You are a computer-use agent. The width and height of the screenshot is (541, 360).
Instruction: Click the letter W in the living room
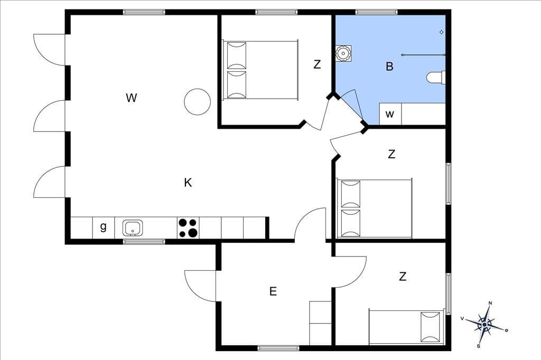coord(132,98)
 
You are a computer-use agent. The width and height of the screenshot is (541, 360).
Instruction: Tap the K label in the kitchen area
coord(188,183)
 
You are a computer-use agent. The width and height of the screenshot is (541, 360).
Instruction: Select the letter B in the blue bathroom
coord(389,66)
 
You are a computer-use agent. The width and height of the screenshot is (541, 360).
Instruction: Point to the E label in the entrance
coord(273,291)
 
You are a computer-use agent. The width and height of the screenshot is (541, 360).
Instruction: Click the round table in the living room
coord(198,102)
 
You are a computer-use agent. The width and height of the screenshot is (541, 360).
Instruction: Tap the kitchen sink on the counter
coord(133,228)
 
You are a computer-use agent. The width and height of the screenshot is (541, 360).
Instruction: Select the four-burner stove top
coord(189,228)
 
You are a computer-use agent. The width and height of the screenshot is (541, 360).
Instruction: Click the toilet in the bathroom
coord(436,77)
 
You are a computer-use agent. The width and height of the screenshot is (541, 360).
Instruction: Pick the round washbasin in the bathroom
coord(343,53)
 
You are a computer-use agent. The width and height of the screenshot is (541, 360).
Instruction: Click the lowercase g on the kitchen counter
coord(103,227)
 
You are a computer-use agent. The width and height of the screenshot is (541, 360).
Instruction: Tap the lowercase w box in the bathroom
coord(390,113)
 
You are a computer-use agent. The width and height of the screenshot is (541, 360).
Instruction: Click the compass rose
coord(485,325)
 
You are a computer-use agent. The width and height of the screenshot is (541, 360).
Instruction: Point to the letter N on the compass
coord(490,303)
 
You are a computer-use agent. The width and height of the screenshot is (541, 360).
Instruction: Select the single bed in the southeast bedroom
coord(406,327)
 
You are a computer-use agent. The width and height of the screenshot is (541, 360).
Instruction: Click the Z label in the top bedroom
coord(317,64)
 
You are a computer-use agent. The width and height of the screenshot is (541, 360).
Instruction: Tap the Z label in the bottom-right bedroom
coord(403,276)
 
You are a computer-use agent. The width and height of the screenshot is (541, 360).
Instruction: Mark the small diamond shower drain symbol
coord(441,32)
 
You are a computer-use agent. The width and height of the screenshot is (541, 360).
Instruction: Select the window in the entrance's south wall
coord(278,348)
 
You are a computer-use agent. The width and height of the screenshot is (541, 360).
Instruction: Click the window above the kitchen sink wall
coord(144,241)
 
